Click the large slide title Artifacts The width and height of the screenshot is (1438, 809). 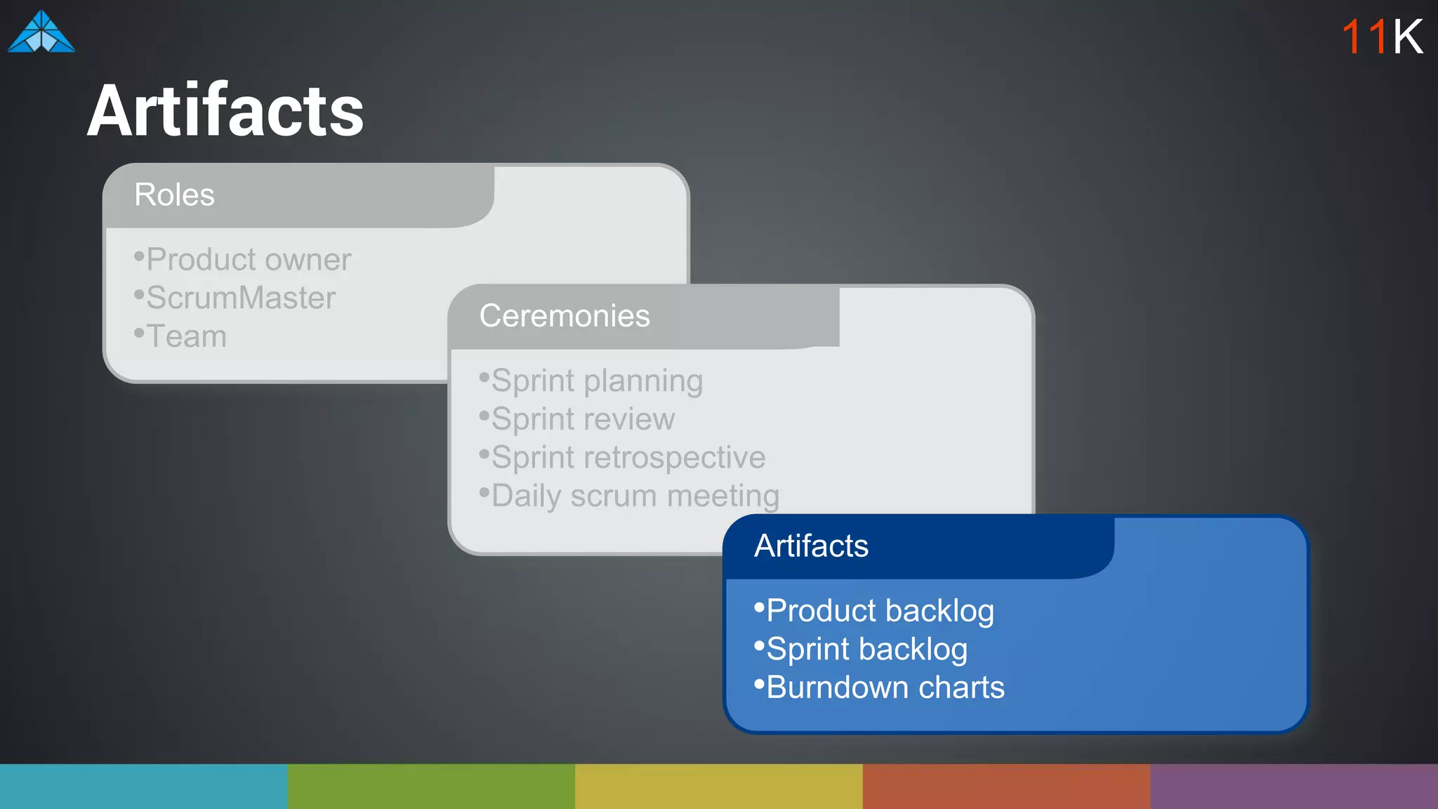pos(225,111)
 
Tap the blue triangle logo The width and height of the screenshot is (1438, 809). pos(41,33)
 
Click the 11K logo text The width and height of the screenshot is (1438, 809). pos(1382,37)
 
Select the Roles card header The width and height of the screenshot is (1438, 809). pos(175,195)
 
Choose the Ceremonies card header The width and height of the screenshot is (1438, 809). pos(565,316)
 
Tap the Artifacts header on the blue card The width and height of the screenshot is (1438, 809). pos(811,546)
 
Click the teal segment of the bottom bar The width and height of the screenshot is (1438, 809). pos(143,787)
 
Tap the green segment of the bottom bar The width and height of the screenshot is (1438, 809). pos(431,787)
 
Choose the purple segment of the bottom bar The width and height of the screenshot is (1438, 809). pos(1294,787)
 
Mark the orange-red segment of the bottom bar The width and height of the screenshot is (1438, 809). pos(1006,787)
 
